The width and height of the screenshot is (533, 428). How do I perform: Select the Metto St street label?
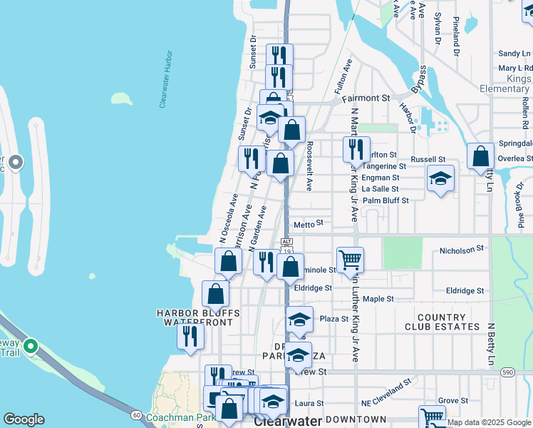[309, 223]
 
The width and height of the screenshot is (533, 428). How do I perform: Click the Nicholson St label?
[462, 250]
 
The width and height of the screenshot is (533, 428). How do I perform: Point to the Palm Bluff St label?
[385, 200]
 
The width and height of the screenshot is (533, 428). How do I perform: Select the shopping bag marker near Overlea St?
[482, 156]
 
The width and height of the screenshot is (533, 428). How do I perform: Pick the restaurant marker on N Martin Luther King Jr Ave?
[356, 149]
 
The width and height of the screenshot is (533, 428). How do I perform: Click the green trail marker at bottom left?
[30, 347]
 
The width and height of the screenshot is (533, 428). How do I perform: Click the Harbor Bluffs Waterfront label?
[198, 318]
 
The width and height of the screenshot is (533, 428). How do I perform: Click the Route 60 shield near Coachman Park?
[135, 414]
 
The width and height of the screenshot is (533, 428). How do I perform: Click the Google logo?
[24, 419]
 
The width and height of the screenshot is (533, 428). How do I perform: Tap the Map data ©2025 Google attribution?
[490, 422]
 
